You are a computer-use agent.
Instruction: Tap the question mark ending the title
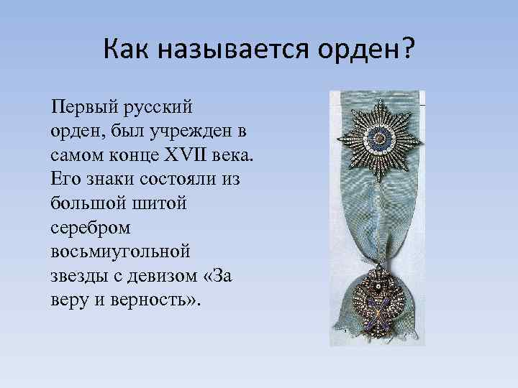[408, 50]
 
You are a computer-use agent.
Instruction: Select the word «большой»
[85, 203]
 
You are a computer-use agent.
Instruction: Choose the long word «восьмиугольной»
[121, 251]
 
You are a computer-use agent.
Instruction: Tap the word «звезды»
[77, 275]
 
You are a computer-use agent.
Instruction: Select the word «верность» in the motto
[158, 299]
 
